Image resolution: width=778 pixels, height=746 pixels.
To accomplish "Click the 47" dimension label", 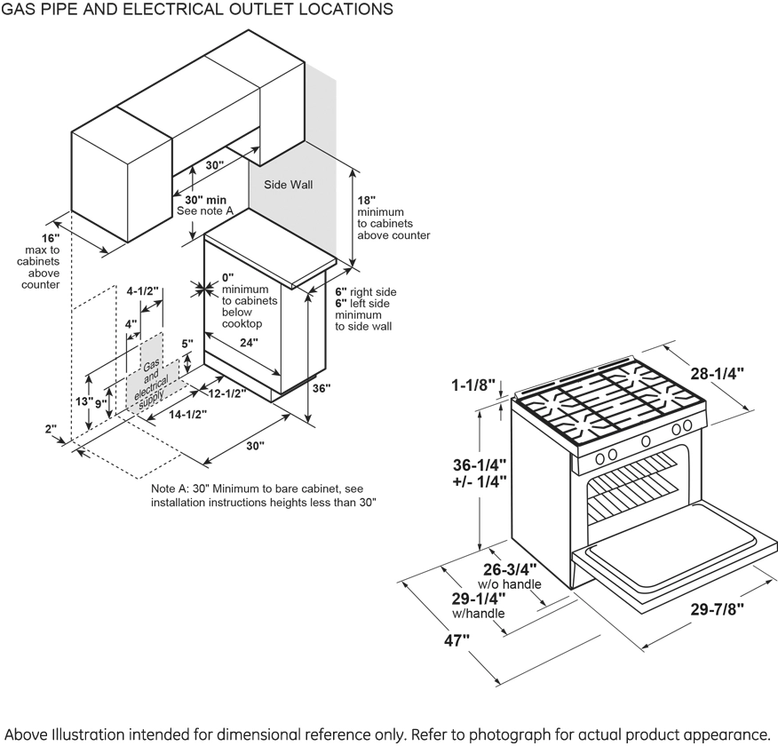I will pos(458,641).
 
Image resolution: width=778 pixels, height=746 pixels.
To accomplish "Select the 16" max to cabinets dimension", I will pos(50,239).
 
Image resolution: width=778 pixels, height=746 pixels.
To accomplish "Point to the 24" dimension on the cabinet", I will pos(248,342).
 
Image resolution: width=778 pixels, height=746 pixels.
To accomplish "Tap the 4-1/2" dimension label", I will pos(142,290).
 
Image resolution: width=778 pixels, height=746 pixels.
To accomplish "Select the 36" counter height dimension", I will pos(321,388).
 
